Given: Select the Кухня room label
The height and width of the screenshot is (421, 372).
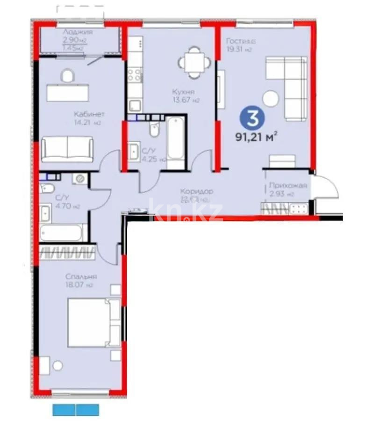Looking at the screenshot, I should pyautogui.click(x=183, y=92).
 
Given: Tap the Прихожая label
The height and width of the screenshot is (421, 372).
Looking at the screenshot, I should pyautogui.click(x=288, y=186).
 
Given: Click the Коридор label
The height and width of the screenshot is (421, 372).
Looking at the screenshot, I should pyautogui.click(x=197, y=191).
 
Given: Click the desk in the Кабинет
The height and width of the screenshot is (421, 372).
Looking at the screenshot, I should pyautogui.click(x=68, y=92).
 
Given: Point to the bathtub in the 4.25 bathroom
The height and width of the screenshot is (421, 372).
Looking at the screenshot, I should pyautogui.click(x=176, y=139).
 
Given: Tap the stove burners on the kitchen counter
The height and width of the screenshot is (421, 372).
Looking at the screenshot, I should pyautogui.click(x=135, y=75).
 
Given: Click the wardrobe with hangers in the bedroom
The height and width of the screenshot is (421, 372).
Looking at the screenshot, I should pyautogui.click(x=67, y=253).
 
